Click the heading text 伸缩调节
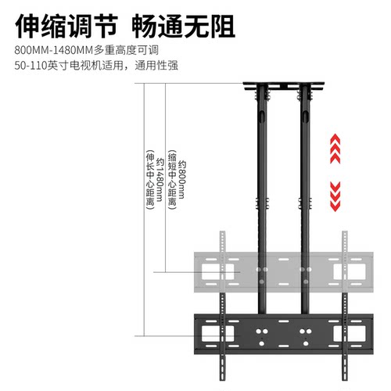click(66, 27)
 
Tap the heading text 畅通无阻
click(184, 27)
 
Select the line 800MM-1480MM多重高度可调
click(86, 50)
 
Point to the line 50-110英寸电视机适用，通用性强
click(96, 65)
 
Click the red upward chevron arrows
click(335, 149)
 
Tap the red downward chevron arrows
click(335, 197)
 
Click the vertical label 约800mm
click(181, 180)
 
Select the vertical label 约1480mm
click(160, 180)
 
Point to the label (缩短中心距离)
click(172, 180)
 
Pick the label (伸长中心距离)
click(150, 180)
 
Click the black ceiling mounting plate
click(284, 86)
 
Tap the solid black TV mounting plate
click(284, 334)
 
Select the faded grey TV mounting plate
click(284, 272)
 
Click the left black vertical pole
click(262, 198)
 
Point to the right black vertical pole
click(305, 198)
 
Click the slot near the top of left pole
click(262, 117)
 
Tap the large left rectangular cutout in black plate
click(217, 334)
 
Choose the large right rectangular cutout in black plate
click(350, 334)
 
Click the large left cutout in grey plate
click(217, 272)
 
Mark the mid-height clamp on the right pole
click(305, 203)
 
